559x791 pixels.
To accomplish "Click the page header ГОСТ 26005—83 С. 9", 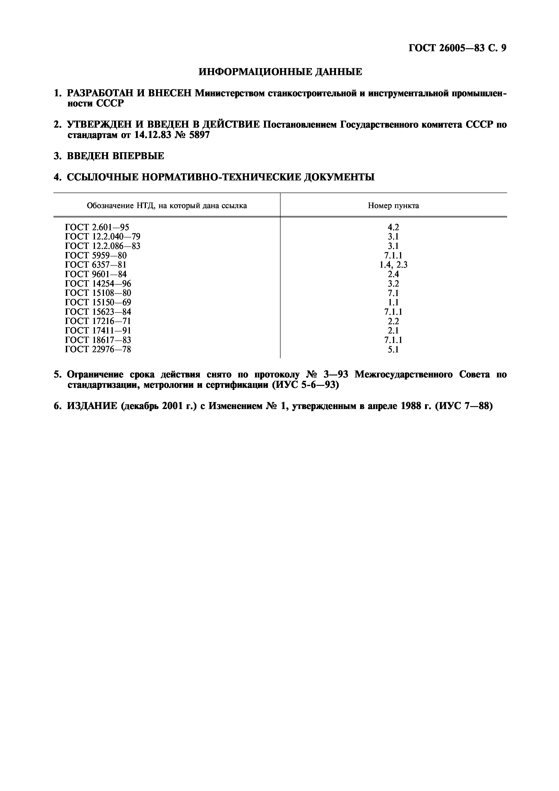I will (x=457, y=48).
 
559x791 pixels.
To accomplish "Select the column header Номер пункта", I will (x=393, y=206).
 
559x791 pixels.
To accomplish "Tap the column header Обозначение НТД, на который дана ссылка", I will (x=167, y=206).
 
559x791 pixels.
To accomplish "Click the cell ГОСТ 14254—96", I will (x=98, y=283).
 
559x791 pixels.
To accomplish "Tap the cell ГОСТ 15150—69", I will (x=98, y=302).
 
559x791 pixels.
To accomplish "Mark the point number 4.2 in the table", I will (x=393, y=227).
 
